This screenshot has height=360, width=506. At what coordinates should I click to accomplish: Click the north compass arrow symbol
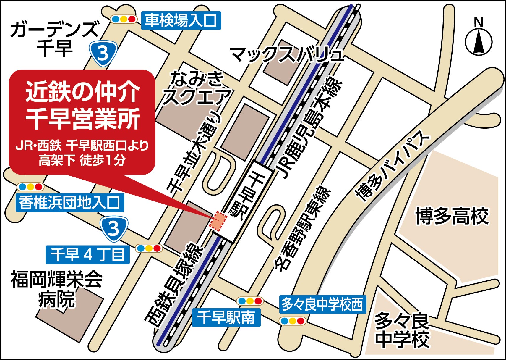click(x=479, y=42)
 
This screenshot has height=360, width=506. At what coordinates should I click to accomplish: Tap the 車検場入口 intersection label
click(x=181, y=21)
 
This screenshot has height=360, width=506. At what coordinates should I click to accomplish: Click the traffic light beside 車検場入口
click(x=124, y=19)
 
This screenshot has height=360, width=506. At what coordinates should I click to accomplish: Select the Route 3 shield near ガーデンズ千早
click(x=103, y=53)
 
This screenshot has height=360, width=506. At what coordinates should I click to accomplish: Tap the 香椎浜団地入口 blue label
click(x=70, y=203)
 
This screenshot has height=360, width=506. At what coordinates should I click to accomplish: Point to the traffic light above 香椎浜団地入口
click(x=30, y=187)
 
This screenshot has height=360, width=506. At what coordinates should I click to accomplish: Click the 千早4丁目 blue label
click(x=87, y=255)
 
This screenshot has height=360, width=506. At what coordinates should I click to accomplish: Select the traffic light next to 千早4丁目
click(x=149, y=248)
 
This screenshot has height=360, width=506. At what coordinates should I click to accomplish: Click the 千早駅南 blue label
click(x=226, y=318)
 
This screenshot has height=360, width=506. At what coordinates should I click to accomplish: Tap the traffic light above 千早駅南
click(x=250, y=301)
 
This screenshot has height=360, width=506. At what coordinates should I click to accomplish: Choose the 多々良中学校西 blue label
click(x=322, y=304)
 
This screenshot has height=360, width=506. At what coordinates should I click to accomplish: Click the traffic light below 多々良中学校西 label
click(x=292, y=321)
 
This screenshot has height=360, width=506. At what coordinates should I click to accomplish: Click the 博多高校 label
click(x=452, y=216)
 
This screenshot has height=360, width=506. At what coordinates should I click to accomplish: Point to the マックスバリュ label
click(x=287, y=55)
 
